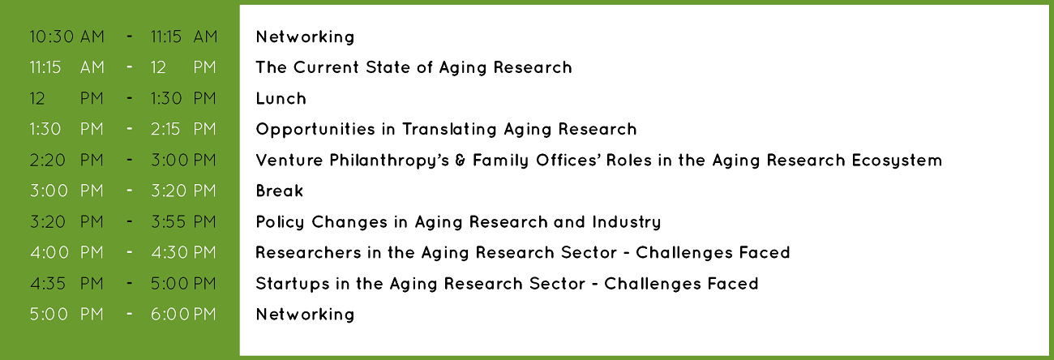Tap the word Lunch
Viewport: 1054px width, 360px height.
(x=281, y=98)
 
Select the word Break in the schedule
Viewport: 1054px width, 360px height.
(x=280, y=191)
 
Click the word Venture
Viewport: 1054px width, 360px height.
(x=289, y=160)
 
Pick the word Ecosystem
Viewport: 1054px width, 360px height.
(x=897, y=161)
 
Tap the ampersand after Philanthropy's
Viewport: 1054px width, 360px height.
(x=461, y=161)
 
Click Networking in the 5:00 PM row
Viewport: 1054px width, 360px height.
(x=305, y=315)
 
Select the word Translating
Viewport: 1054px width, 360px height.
(x=449, y=130)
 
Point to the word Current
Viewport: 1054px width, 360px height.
(x=326, y=67)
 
